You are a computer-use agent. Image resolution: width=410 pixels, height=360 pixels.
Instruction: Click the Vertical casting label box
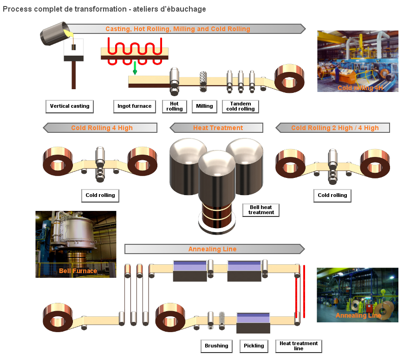(70, 106)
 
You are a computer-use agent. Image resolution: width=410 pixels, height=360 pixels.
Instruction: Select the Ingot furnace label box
(134, 106)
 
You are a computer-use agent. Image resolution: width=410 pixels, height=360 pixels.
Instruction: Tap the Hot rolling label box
(175, 106)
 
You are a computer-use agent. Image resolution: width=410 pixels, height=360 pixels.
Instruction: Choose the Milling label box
(204, 106)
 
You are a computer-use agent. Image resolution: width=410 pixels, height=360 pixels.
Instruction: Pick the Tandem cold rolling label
(240, 106)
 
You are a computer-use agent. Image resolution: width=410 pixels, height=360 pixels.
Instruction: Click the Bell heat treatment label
(261, 210)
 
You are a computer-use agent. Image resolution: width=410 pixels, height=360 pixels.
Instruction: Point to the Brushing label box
(216, 346)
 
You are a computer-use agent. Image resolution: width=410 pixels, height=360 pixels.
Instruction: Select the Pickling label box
(254, 346)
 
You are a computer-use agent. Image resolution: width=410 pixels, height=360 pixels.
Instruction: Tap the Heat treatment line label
(299, 346)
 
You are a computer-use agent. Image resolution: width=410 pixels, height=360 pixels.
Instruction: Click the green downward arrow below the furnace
(135, 68)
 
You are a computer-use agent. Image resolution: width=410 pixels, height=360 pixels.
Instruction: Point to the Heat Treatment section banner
(217, 128)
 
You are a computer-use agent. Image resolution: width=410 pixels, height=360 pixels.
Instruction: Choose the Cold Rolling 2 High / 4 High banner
(333, 128)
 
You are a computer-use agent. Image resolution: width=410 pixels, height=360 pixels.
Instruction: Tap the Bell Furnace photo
(76, 244)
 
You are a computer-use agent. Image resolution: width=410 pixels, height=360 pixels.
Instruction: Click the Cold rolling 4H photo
(358, 61)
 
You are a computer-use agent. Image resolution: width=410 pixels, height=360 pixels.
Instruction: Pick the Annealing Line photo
(358, 295)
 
